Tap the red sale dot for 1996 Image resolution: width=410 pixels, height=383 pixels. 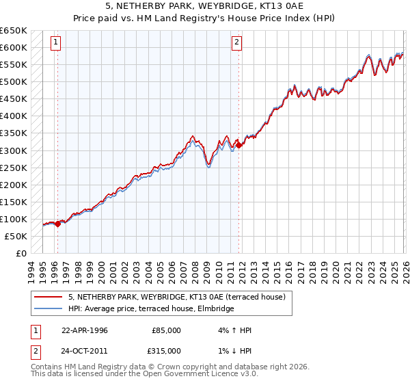(57, 224)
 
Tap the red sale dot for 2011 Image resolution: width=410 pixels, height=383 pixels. (238, 145)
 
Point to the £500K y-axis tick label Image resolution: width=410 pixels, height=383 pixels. (14, 82)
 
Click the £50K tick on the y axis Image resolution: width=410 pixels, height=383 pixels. (16, 236)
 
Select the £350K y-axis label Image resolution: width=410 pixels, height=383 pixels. (14, 133)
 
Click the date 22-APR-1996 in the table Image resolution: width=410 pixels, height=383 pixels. (85, 330)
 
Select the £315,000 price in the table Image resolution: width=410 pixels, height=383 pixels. (164, 352)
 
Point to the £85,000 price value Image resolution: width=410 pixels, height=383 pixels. (164, 330)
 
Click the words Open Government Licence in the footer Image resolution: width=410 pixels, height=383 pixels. (190, 375)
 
